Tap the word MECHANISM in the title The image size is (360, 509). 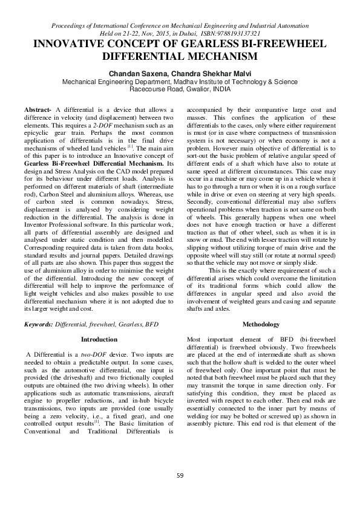coord(223,56)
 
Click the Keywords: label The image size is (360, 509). coord(38,325)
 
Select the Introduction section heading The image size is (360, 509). coord(99,340)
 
